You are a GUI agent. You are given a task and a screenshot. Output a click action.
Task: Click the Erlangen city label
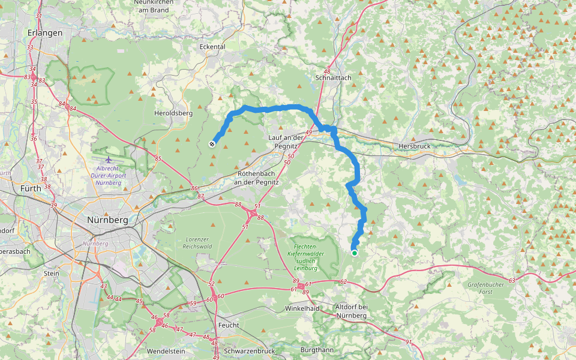pyautogui.click(x=45, y=32)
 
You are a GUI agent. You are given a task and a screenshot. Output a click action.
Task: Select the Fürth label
pyautogui.click(x=31, y=188)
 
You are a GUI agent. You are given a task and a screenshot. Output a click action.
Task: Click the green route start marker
pyautogui.click(x=355, y=253)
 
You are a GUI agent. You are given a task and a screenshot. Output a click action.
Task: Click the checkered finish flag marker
pyautogui.click(x=212, y=143)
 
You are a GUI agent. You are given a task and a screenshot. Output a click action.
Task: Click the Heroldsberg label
pyautogui.click(x=173, y=113)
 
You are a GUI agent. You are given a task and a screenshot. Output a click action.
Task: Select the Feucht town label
pyautogui.click(x=229, y=325)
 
